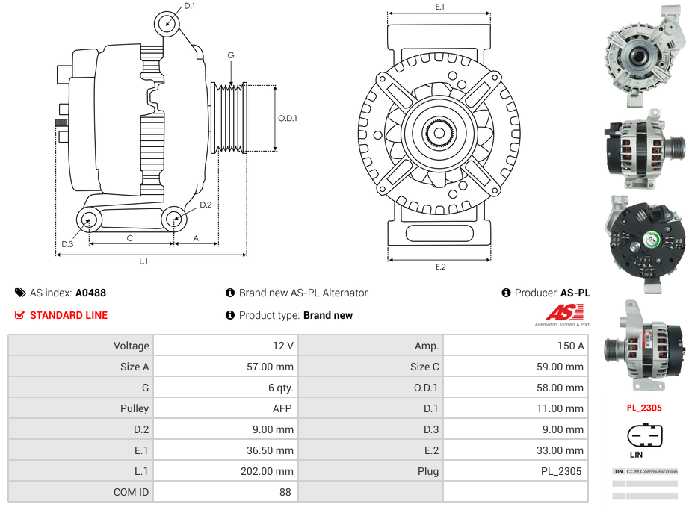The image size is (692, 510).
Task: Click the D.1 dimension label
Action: click(x=189, y=6)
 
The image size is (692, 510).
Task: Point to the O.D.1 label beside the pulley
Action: click(x=288, y=118)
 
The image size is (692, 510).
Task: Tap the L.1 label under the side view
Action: click(x=143, y=261)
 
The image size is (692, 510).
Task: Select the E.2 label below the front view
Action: click(x=440, y=267)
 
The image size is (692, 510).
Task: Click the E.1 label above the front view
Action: click(x=440, y=7)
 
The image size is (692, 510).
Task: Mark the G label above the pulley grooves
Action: click(x=231, y=55)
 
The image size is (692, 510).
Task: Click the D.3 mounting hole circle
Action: click(x=89, y=220)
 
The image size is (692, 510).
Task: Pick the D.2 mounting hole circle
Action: click(x=174, y=219)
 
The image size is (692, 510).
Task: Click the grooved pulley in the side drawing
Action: click(x=229, y=118)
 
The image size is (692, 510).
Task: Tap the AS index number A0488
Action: click(x=90, y=293)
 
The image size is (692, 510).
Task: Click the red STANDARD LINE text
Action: click(x=68, y=315)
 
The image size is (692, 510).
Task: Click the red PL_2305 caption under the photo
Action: click(x=644, y=408)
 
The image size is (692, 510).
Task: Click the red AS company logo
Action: click(x=561, y=314)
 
